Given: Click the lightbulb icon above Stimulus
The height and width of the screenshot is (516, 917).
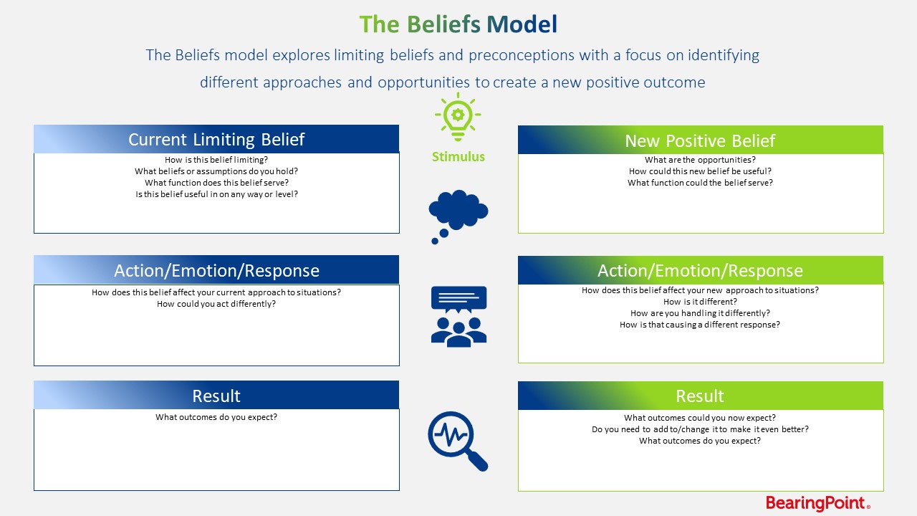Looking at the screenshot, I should [x=458, y=117].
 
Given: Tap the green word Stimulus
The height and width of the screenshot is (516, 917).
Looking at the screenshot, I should [x=458, y=157].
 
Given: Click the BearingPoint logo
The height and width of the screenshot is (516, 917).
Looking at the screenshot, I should [x=817, y=503].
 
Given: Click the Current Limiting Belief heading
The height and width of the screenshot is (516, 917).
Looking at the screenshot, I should [x=216, y=139].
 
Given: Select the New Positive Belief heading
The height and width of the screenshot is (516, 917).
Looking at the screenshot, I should [x=700, y=140].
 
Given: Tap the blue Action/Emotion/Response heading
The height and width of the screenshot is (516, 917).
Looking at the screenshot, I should [x=216, y=270].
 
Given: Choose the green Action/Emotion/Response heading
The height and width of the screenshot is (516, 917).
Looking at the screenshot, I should [x=700, y=270].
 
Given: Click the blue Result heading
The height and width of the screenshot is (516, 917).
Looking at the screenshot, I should [x=216, y=396].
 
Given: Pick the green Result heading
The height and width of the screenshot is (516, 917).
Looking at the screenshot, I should [x=700, y=396].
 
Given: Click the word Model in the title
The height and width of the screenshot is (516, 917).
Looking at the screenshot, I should [x=522, y=24].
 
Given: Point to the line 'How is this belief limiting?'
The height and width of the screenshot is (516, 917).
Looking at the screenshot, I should [x=216, y=161].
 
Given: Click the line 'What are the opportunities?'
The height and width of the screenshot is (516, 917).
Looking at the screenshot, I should [x=700, y=161].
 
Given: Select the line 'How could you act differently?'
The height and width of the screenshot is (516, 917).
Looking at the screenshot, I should [x=216, y=304].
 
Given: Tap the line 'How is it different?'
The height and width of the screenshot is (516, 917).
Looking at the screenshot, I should [x=700, y=302].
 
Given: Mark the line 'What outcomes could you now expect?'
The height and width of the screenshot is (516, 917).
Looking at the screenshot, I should [x=700, y=418].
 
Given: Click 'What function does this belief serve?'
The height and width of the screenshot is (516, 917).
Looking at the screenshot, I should [x=216, y=183].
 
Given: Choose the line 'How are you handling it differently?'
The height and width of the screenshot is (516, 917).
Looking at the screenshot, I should [x=700, y=313].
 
